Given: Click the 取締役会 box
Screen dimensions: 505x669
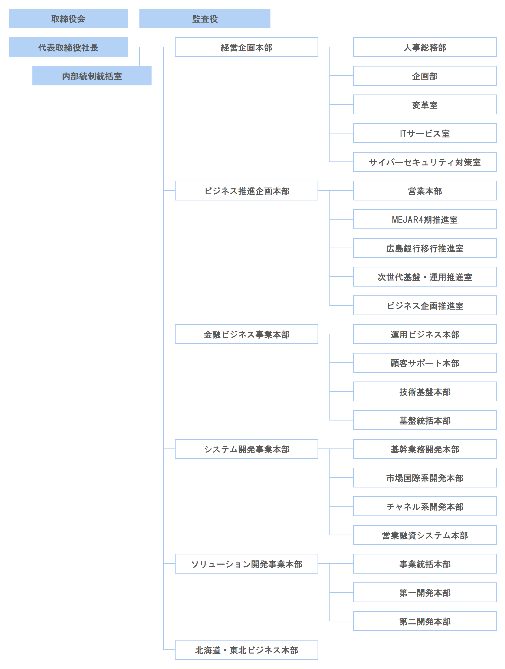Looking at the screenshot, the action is tap(68, 18).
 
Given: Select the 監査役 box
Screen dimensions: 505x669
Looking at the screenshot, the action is tap(205, 18).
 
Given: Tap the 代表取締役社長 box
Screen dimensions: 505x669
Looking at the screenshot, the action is tap(68, 47).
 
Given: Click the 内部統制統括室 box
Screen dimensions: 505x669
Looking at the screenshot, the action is tap(92, 76).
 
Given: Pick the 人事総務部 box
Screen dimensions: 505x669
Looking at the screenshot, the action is tap(425, 47).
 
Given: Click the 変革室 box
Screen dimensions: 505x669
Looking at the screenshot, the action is tap(425, 105).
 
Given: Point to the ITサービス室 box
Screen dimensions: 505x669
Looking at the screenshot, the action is tap(425, 133).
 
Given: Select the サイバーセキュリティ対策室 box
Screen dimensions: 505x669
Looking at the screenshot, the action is tap(425, 162).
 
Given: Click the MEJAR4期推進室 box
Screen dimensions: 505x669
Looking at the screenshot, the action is tap(425, 220).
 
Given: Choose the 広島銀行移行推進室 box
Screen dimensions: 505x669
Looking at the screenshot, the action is tap(425, 248).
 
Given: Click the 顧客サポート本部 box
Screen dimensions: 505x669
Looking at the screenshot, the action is tap(425, 363).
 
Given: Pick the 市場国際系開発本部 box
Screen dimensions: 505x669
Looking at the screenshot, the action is tap(425, 478).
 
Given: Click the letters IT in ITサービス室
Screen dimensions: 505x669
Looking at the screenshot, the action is tap(403, 133).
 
